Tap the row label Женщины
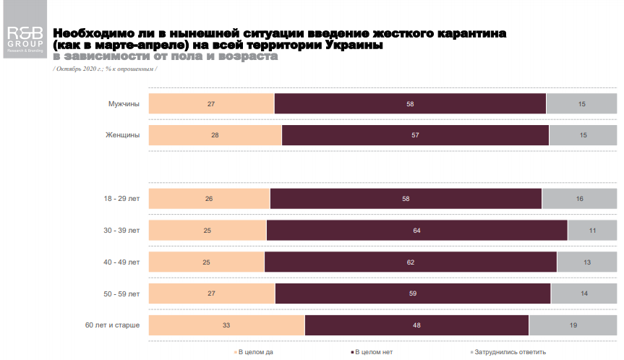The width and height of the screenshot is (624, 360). (x=124, y=135)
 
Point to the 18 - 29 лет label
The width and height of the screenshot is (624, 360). (x=122, y=198)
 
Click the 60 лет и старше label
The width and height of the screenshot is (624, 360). (x=112, y=325)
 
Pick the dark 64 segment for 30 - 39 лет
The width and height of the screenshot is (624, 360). (x=417, y=230)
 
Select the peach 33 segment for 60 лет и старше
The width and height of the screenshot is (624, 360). (x=226, y=325)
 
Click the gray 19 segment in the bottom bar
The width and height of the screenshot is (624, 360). (x=573, y=325)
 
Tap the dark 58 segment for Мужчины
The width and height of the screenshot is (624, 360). (x=410, y=104)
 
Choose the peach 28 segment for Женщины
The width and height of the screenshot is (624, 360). (x=215, y=135)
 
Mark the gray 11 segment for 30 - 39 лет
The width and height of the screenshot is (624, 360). (x=591, y=230)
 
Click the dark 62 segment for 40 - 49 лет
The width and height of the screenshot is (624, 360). (x=411, y=262)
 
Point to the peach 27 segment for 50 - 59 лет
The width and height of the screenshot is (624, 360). (x=212, y=293)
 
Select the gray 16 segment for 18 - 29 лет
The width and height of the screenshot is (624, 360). (x=579, y=198)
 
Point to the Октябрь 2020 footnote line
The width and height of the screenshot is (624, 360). (x=106, y=68)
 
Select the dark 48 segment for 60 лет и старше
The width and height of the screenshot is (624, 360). (x=417, y=325)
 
